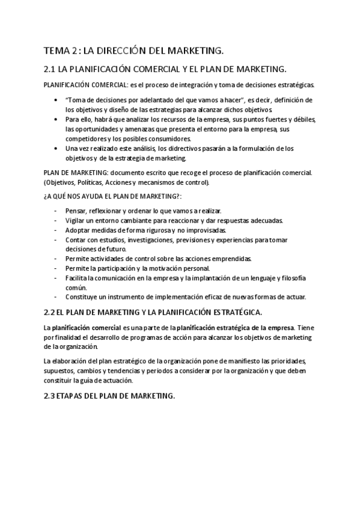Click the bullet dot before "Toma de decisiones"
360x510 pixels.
point(56,100)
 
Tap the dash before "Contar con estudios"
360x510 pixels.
point(56,240)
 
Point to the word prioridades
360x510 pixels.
point(285,361)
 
